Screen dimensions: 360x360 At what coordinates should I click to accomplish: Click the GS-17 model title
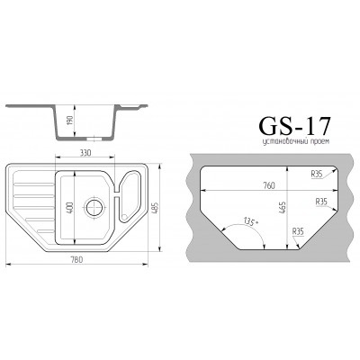[294, 125]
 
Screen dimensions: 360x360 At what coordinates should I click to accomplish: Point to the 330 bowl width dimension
[85, 153]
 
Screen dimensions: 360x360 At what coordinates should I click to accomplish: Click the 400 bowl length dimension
[70, 208]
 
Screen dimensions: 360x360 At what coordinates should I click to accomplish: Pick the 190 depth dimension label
[70, 121]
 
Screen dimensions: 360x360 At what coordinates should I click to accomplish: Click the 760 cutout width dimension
[268, 185]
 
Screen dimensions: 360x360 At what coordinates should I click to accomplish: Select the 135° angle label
[251, 222]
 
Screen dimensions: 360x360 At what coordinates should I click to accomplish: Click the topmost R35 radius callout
[317, 174]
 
